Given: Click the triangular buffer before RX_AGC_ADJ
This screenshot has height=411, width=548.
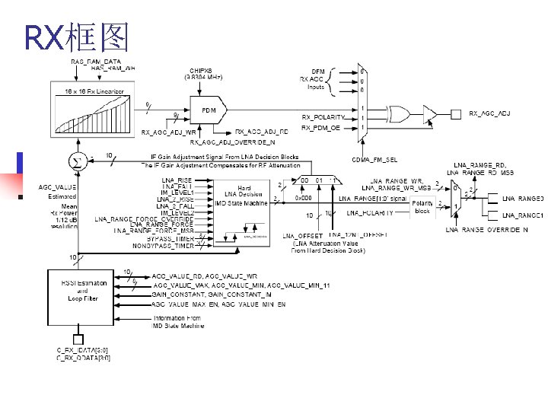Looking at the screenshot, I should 430,115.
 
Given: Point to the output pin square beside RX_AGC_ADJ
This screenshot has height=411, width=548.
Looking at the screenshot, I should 456,115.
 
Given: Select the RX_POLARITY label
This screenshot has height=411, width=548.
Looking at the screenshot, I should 323,117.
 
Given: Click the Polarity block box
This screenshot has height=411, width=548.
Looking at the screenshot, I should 422,206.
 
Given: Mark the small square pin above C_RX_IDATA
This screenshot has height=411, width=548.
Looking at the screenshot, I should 78,339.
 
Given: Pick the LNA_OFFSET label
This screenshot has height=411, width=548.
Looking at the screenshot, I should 298,236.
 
